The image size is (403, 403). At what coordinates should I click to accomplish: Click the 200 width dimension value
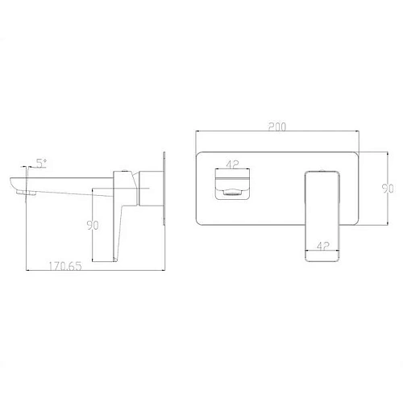[276, 126]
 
